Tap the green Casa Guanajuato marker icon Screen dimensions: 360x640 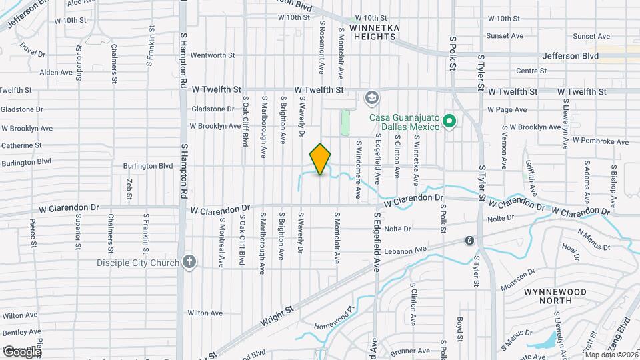(449, 121)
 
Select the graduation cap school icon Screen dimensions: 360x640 (371, 99)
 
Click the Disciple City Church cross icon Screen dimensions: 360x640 (189, 261)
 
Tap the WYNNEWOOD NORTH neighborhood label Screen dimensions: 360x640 (555, 297)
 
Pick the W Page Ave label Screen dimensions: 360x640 (507, 109)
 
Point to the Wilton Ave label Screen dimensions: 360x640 (205, 312)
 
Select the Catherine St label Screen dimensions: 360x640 (21, 145)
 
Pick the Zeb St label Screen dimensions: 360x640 (129, 188)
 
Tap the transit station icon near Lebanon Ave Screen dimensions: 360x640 (470, 240)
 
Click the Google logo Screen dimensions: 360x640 (22, 351)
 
